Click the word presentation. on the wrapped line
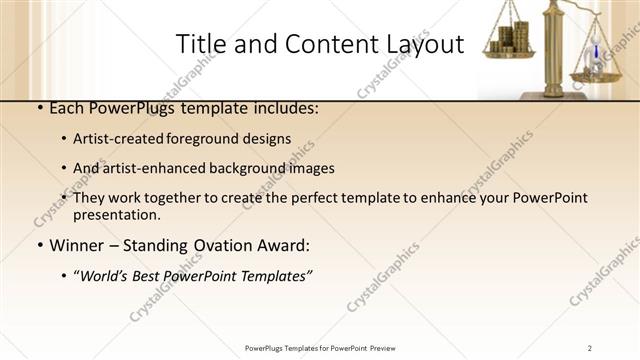tap(116, 214)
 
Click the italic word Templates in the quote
tap(276, 276)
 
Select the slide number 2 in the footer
tap(590, 347)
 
